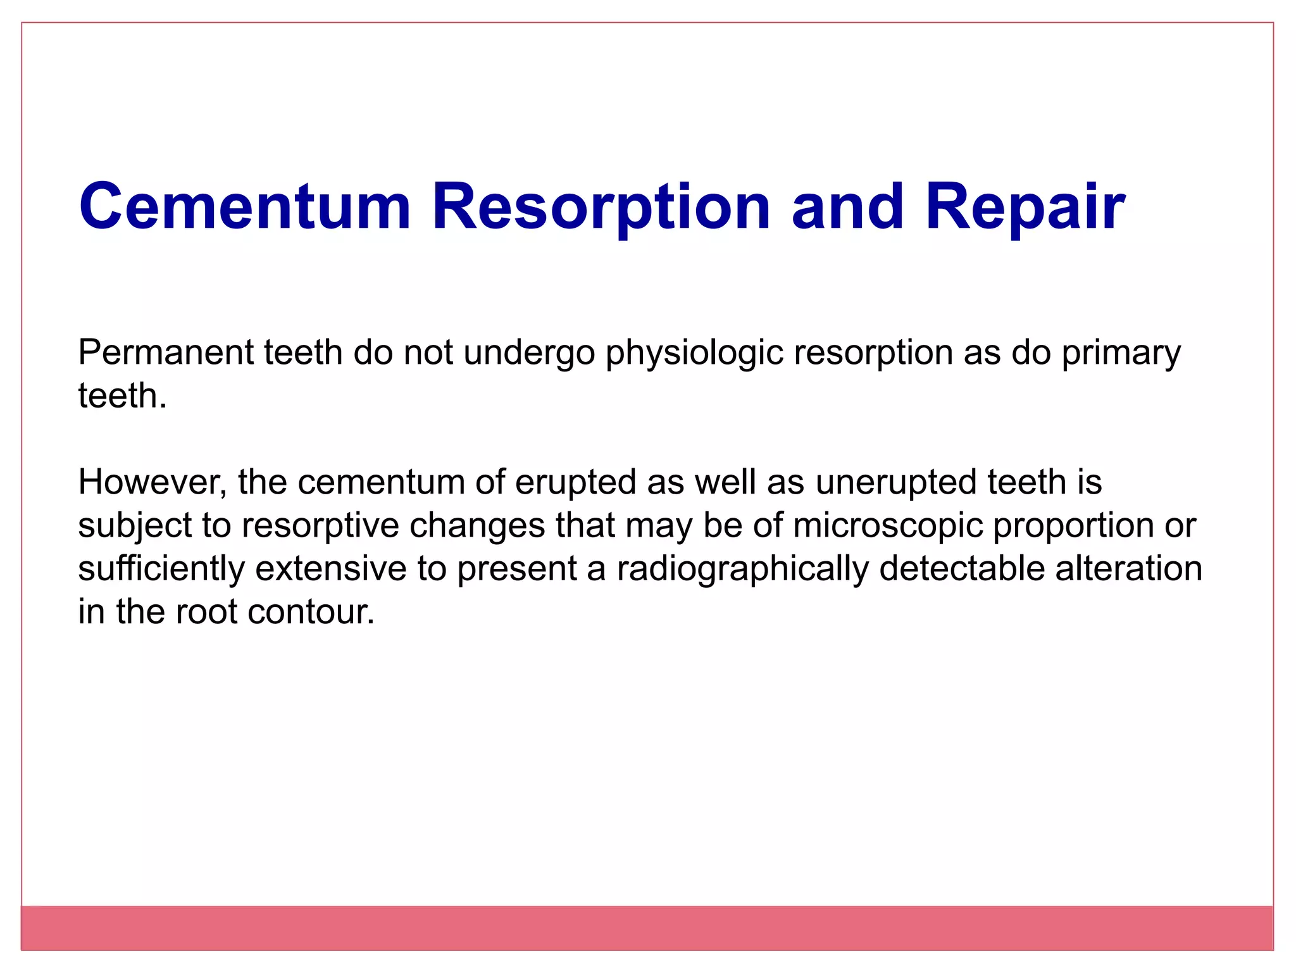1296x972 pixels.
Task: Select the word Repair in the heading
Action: tap(1025, 207)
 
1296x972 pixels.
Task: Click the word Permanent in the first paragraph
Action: tap(165, 352)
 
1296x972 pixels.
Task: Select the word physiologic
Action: tap(694, 352)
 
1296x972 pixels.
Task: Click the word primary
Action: tap(1121, 352)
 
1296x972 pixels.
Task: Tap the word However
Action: tap(152, 482)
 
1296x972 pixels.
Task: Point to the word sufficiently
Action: tap(161, 568)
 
